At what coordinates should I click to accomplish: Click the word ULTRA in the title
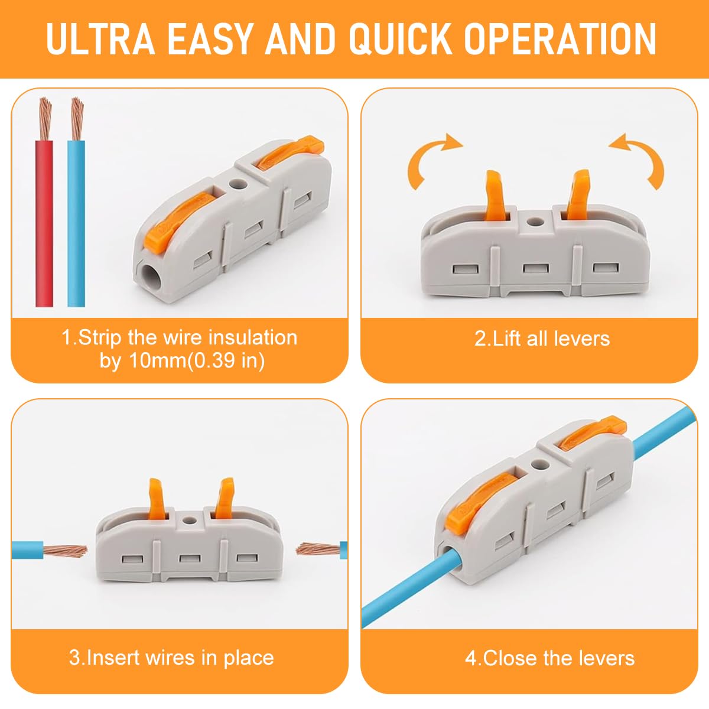point(100,39)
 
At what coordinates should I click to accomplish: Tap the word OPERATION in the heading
point(560,39)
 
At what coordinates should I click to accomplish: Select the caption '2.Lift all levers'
point(542,339)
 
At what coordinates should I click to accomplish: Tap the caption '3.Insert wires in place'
point(171,658)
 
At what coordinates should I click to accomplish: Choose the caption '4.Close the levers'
point(549,658)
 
